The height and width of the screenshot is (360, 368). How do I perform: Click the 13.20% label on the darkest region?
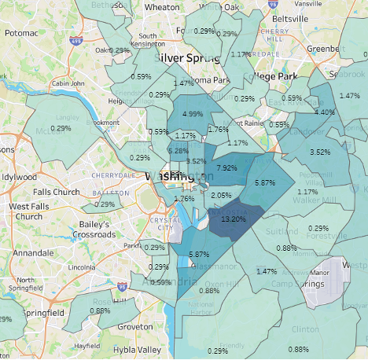234,221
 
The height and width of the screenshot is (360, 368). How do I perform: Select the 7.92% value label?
226,168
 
